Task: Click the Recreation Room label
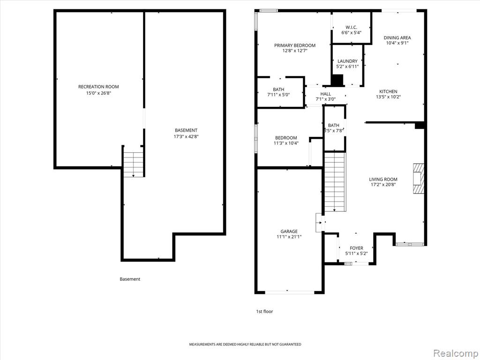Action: [x=98, y=87]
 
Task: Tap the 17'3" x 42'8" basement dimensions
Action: [x=186, y=136]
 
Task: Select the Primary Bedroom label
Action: [x=295, y=45]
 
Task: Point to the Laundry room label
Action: [x=347, y=61]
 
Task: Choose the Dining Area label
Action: [x=397, y=37]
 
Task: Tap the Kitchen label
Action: [x=389, y=91]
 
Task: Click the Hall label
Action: [x=326, y=94]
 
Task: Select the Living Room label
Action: [x=383, y=180]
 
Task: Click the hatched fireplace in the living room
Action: [x=419, y=178]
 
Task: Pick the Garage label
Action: [x=289, y=232]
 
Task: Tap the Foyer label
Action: [x=356, y=248]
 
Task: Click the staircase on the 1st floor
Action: [x=335, y=182]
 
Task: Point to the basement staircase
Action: [x=134, y=162]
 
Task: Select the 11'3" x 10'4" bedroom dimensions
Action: [x=286, y=143]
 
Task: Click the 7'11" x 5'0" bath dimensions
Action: [x=278, y=95]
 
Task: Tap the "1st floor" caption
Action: [x=264, y=312]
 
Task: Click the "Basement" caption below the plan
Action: [x=130, y=279]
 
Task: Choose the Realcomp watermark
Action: [x=455, y=353]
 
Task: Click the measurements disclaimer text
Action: [x=245, y=345]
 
